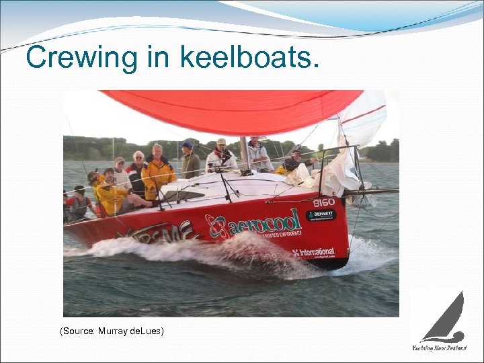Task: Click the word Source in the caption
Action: [x=79, y=331]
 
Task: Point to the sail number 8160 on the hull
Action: [x=323, y=202]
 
